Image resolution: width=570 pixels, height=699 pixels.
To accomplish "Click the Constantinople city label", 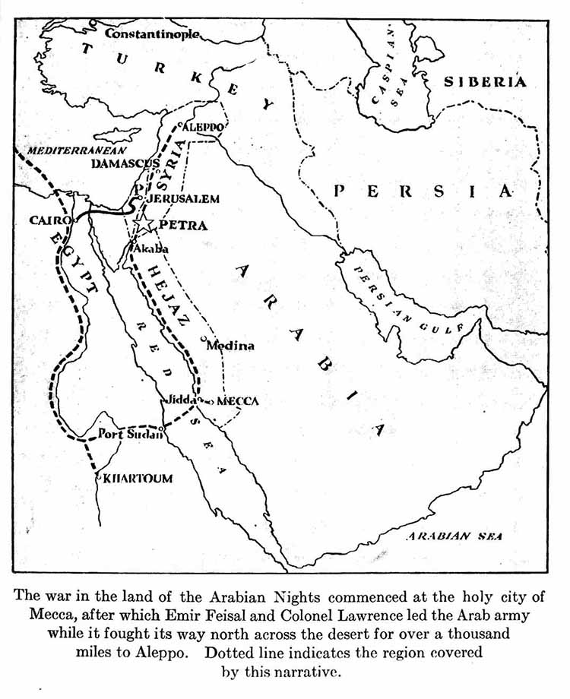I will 152,33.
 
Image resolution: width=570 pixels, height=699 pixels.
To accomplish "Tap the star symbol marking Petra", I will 143,223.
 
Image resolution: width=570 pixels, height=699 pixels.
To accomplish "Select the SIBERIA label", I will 485,82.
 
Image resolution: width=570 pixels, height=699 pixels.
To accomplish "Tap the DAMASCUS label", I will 124,163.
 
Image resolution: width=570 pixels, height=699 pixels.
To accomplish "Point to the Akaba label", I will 150,248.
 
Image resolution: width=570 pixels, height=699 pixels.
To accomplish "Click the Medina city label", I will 230,345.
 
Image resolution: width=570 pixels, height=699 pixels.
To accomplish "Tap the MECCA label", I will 238,400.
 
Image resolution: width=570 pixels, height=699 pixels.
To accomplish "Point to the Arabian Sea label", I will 454,536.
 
